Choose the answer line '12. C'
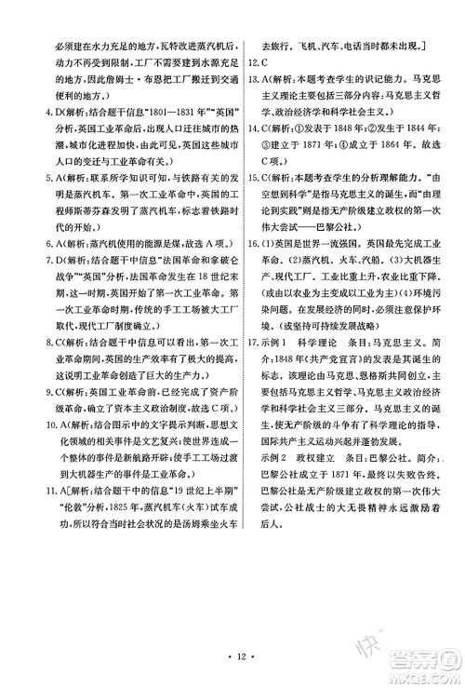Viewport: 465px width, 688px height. pos(267,63)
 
